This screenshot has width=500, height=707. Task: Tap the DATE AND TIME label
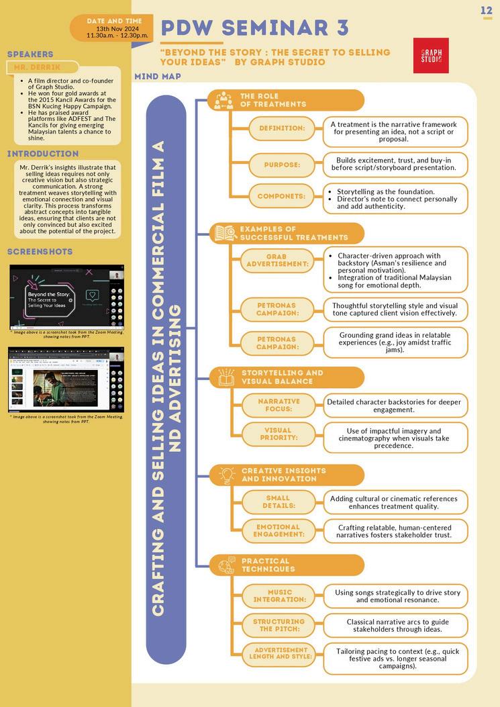click(115, 21)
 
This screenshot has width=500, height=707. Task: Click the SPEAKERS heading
click(30, 54)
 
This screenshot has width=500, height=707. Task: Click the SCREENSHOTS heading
click(40, 252)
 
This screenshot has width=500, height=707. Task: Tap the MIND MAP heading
click(158, 77)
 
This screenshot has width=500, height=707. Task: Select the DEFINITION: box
click(281, 128)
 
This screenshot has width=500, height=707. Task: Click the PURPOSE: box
click(281, 164)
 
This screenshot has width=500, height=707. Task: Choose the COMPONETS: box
click(281, 197)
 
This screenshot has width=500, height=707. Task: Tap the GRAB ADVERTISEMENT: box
click(276, 261)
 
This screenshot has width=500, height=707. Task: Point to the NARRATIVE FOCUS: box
click(279, 405)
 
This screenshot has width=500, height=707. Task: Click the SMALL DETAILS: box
click(278, 502)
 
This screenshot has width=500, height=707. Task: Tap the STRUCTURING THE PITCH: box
click(279, 625)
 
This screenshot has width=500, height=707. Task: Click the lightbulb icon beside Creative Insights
click(226, 474)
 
